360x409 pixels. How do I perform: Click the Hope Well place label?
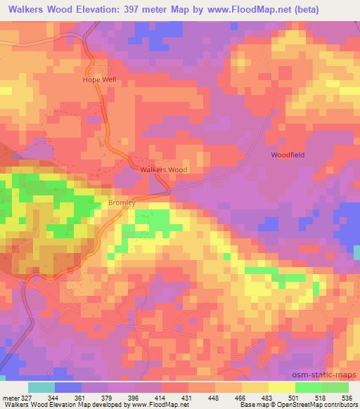99,80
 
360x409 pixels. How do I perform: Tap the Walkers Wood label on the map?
163,170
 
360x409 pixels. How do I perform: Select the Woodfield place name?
288,155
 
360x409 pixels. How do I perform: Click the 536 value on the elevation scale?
347,397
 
